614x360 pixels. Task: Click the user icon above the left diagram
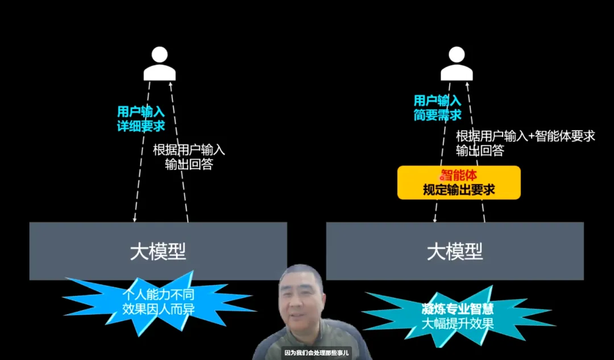tap(159, 64)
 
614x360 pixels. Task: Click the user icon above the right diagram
tap(457, 64)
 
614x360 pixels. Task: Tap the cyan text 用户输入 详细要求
tap(140, 119)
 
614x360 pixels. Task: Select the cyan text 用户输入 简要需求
tap(437, 108)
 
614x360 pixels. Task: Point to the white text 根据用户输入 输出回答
tap(189, 157)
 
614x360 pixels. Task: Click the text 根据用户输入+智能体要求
tap(525, 136)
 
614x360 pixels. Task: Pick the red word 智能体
tap(458, 175)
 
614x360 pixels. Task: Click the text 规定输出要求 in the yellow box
tap(458, 190)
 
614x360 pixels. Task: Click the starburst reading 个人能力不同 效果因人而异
tap(158, 303)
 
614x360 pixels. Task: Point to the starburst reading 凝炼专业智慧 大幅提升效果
tap(458, 316)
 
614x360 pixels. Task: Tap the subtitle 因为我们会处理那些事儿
tap(317, 353)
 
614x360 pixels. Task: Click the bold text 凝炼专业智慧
tap(458, 309)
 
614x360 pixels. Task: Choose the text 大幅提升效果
tap(458, 324)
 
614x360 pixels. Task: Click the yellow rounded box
tap(458, 183)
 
